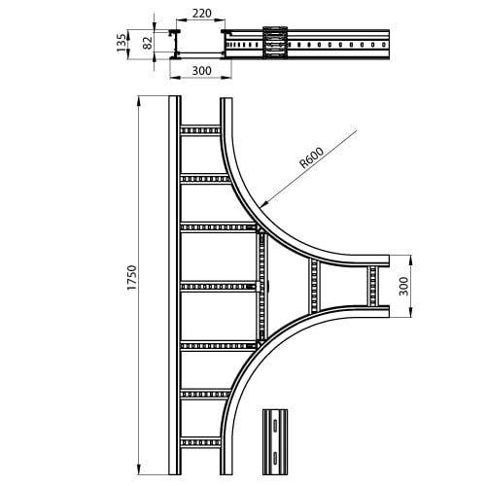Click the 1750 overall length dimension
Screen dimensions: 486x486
(x=132, y=277)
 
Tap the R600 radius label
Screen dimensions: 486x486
(x=312, y=157)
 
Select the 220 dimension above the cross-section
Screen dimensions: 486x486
(x=201, y=14)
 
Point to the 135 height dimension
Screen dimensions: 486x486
(x=121, y=43)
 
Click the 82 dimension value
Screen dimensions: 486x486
(x=148, y=43)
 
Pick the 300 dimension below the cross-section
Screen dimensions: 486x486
(x=201, y=71)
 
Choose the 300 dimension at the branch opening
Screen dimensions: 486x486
(x=403, y=286)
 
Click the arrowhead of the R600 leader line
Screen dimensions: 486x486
(x=264, y=203)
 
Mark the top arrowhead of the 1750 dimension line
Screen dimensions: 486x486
(x=139, y=101)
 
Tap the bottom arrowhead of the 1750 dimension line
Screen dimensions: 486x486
(x=139, y=470)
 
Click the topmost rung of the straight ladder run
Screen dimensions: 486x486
(x=200, y=130)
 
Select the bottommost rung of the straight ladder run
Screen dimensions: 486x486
(x=200, y=442)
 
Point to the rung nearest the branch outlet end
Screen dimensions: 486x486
(x=373, y=286)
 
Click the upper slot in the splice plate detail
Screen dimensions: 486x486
(x=275, y=426)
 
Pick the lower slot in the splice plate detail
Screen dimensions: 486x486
(x=275, y=458)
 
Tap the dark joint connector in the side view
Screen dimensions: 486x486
(x=275, y=43)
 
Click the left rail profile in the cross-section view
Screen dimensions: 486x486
(x=174, y=44)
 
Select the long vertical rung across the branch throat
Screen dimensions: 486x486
(x=261, y=287)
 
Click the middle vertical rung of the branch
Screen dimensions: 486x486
(x=314, y=287)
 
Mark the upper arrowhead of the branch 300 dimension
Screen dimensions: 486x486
(x=410, y=260)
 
